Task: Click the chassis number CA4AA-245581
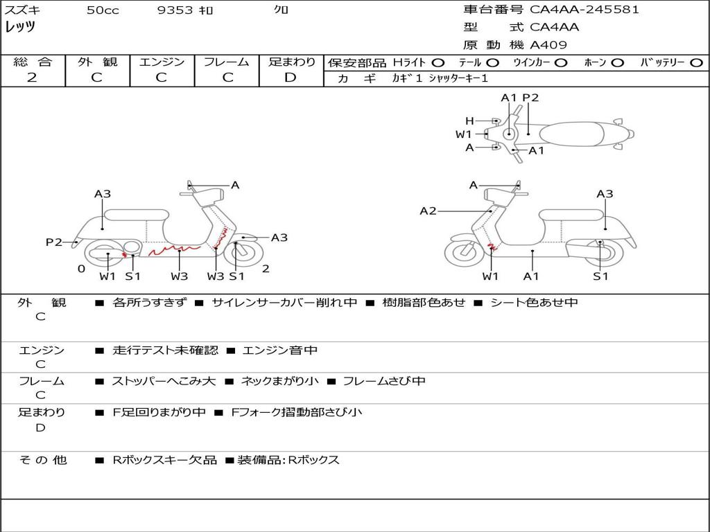tap(585, 10)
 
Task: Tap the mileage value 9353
tap(175, 10)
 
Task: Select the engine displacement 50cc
tap(103, 10)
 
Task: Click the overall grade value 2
tap(32, 77)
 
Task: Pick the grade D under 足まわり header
tap(291, 77)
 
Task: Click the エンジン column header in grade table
tap(162, 62)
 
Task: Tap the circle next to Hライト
tap(438, 62)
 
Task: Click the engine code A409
tap(548, 45)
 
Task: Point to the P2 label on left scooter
tap(53, 242)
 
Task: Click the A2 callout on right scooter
tap(428, 211)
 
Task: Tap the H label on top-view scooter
tap(469, 121)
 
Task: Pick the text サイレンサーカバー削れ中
tap(284, 303)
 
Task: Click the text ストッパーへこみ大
tap(164, 381)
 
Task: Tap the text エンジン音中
tap(279, 351)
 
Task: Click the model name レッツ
tap(20, 27)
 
